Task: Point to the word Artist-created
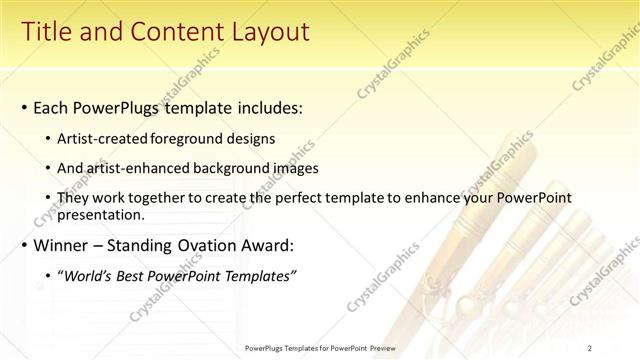103,139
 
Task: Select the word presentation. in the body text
101,214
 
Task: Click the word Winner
62,245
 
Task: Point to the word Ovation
209,245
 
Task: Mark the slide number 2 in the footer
590,348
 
